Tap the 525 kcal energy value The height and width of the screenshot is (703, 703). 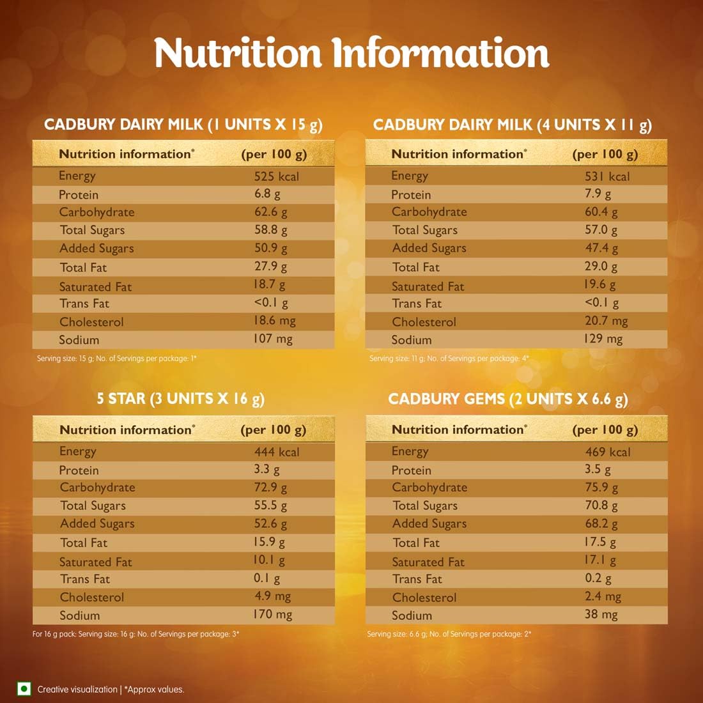[x=276, y=176]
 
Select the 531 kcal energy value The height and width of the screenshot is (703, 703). [x=607, y=176]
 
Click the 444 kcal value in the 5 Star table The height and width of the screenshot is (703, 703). [x=276, y=452]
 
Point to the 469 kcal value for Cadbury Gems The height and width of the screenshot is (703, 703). [x=608, y=452]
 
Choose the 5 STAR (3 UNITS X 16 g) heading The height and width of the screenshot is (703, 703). [x=180, y=399]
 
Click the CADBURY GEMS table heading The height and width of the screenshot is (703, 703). [x=508, y=399]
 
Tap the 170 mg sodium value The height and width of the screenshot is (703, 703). [x=272, y=615]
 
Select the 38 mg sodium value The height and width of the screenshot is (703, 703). [x=601, y=615]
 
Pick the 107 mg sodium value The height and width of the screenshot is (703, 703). [x=272, y=339]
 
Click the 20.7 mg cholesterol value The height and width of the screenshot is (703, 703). [x=606, y=321]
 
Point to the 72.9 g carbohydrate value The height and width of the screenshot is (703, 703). [x=270, y=488]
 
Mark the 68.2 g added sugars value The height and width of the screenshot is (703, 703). [x=601, y=524]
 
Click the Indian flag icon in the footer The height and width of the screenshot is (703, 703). [x=24, y=689]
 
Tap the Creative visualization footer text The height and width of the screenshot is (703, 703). [x=77, y=690]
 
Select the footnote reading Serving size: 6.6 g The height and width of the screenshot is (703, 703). [x=449, y=634]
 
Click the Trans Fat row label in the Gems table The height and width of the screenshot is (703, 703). [x=417, y=579]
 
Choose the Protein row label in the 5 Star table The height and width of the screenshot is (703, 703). [x=79, y=470]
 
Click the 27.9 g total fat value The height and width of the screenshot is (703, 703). [x=270, y=267]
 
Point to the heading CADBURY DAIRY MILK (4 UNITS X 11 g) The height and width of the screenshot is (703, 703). [x=513, y=125]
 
